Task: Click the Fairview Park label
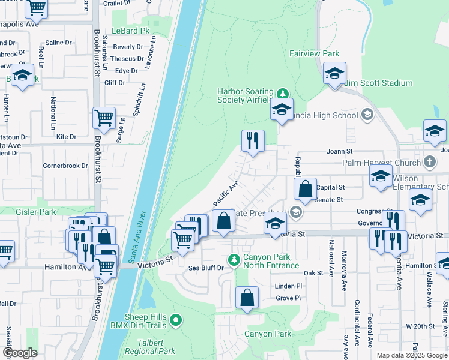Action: click(x=314, y=53)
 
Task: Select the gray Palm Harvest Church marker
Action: click(x=429, y=162)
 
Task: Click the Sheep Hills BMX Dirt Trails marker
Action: click(x=175, y=321)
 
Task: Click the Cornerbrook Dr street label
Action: click(x=65, y=166)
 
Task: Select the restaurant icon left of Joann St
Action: click(x=253, y=141)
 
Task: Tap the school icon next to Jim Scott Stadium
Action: click(x=334, y=74)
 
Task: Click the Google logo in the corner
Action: click(x=20, y=353)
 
